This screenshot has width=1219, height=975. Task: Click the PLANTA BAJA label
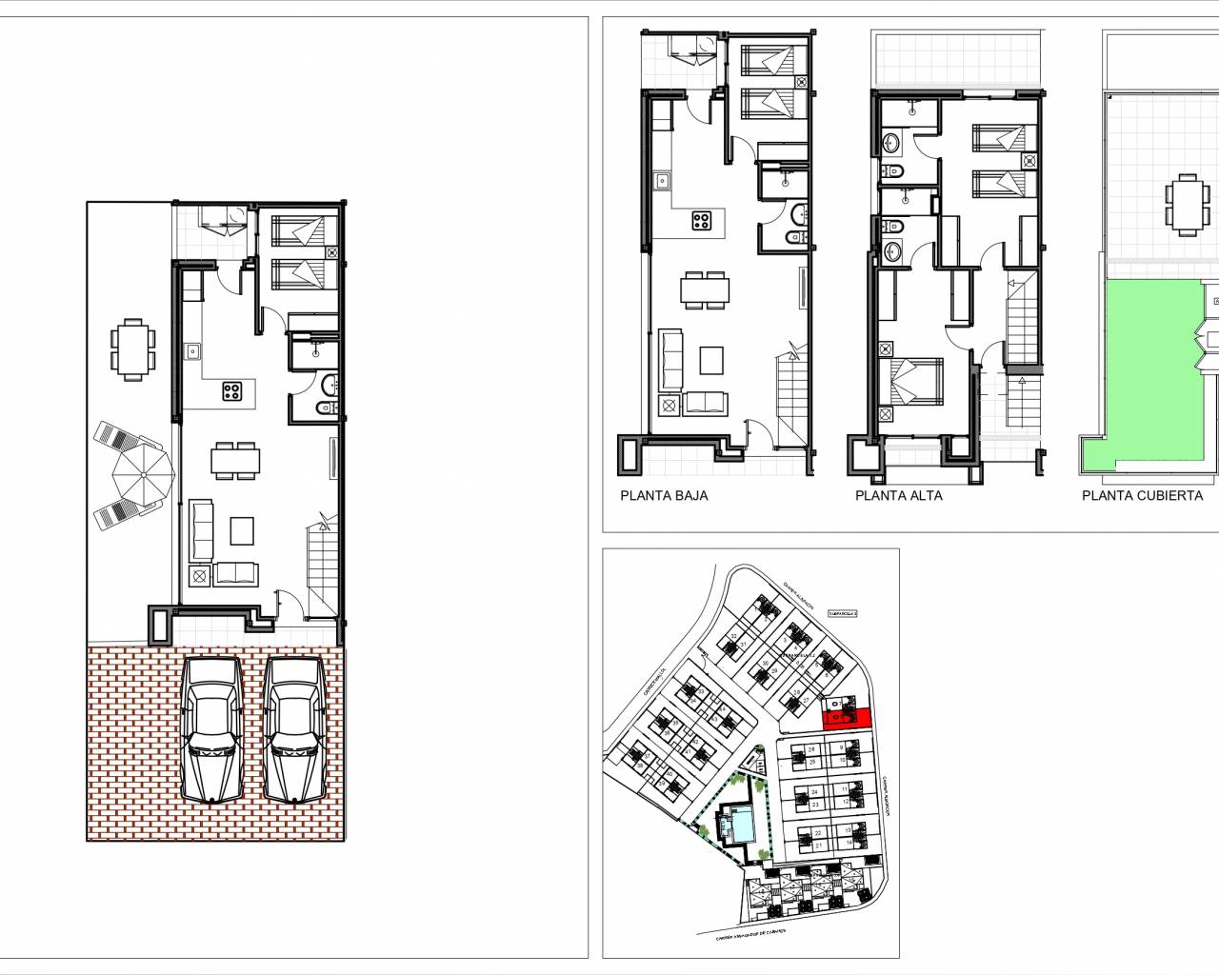pyautogui.click(x=664, y=495)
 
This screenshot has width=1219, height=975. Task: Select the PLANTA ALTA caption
pyautogui.click(x=898, y=495)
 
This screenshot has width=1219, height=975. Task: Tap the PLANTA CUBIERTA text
pyautogui.click(x=1142, y=495)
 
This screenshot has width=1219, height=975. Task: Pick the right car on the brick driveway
pyautogui.click(x=296, y=728)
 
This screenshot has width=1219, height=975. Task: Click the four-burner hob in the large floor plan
pyautogui.click(x=232, y=391)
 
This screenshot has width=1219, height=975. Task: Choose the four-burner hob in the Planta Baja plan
pyautogui.click(x=702, y=221)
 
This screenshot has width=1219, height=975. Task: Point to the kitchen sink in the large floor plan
pyautogui.click(x=192, y=350)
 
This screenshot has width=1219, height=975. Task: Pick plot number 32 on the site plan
pyautogui.click(x=734, y=636)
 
